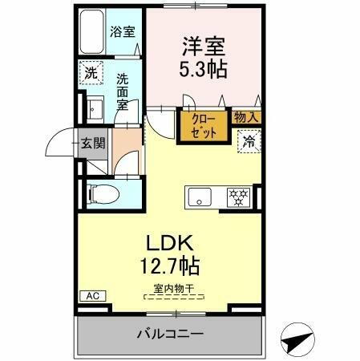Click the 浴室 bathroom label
click(121, 33)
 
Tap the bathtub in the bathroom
click(92, 33)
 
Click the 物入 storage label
click(245, 117)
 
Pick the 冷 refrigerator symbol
click(249, 141)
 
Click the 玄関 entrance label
click(93, 144)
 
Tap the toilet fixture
click(99, 193)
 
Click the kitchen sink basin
click(197, 195)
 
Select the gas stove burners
click(237, 195)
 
